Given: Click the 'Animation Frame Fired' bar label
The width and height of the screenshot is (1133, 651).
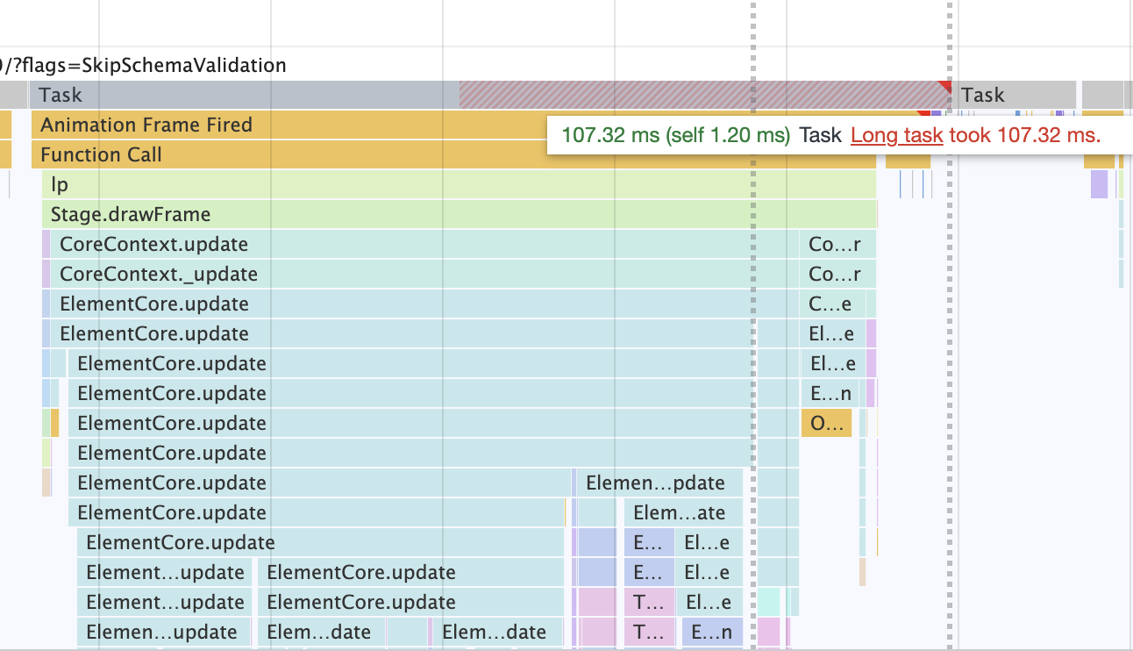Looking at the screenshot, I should point(146,125).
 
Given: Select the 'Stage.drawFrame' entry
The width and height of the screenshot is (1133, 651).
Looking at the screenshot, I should point(130,215).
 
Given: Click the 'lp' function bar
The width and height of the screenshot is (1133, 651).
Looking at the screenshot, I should point(60,185).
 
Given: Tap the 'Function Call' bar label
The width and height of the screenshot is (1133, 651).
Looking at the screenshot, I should point(101,155).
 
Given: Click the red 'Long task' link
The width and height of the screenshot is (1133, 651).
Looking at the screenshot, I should point(896,135).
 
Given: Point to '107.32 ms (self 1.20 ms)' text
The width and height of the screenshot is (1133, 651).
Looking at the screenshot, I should point(675,135).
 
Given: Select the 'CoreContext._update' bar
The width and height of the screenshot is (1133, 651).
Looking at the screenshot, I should point(158,275).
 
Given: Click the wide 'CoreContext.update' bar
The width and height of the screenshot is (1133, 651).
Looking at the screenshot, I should point(153,245).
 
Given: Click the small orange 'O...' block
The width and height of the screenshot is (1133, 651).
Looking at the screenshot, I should point(826,424).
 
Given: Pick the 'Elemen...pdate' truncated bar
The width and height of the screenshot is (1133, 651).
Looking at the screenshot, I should point(655,483).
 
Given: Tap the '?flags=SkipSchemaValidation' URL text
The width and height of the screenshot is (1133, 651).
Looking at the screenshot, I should point(146,65).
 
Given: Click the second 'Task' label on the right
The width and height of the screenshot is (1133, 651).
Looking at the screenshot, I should point(982,95).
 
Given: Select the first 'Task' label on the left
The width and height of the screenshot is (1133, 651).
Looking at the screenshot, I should point(61,95).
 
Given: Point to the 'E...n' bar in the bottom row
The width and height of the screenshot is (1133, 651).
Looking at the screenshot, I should point(711,633).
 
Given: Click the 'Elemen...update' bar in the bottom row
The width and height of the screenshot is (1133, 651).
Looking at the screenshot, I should point(161,633).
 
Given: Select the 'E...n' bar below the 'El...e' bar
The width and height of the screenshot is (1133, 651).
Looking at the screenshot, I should point(830,394).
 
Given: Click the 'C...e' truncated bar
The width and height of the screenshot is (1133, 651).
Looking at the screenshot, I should point(830,304).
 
